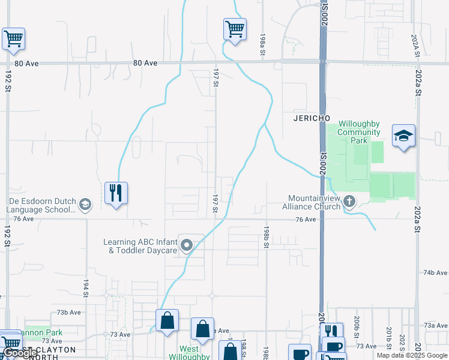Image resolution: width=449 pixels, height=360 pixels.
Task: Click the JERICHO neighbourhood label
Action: click(x=312, y=118)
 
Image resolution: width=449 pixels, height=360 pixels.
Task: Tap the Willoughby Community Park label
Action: click(x=358, y=132)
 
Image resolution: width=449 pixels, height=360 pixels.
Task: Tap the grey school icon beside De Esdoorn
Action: click(x=85, y=205)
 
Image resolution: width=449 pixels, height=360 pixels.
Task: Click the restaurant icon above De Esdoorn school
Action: click(x=116, y=193)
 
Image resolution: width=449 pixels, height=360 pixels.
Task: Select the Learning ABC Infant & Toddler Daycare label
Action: click(x=140, y=246)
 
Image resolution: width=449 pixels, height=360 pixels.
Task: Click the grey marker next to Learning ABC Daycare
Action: click(x=187, y=245)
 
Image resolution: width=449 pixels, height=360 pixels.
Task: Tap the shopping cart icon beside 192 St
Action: click(x=13, y=39)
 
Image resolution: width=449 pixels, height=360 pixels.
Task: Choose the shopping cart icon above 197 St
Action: click(x=235, y=29)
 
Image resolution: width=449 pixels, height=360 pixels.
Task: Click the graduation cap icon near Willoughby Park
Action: click(x=403, y=136)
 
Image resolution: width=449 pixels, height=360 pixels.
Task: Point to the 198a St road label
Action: click(x=263, y=46)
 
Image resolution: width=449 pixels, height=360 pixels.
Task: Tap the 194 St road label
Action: click(x=86, y=289)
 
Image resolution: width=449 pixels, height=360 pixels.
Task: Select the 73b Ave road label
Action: click(x=68, y=313)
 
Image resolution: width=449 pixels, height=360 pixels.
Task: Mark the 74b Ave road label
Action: click(x=435, y=272)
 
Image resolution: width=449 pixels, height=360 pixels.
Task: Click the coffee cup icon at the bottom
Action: click(x=300, y=353)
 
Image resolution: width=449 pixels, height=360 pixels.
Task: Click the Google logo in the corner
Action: click(x=20, y=353)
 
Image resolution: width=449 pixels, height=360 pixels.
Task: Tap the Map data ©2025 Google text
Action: click(x=412, y=355)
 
